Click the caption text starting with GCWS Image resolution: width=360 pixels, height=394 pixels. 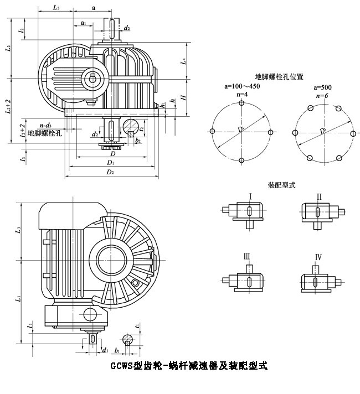tap(189, 366)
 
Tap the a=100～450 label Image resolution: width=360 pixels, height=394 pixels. tap(242, 87)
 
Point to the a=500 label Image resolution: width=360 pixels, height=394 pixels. tap(323, 87)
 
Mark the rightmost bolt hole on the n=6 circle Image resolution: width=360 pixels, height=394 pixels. tap(353, 132)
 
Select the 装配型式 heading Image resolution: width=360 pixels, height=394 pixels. tap(281, 185)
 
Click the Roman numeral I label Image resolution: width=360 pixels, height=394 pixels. tap(250, 196)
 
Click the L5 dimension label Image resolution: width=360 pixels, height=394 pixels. tap(56, 8)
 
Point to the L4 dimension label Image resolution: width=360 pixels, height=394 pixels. tap(184, 62)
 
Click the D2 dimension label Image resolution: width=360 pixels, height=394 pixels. tap(110, 173)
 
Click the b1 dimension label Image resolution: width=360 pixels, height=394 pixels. tap(117, 350)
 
